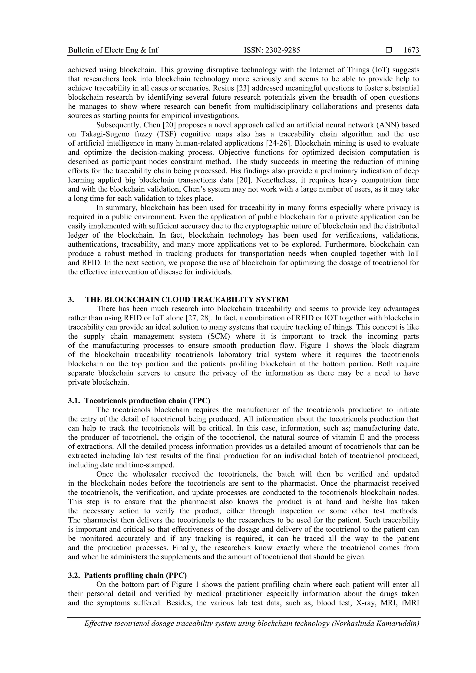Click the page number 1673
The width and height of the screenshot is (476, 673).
[x=411, y=50]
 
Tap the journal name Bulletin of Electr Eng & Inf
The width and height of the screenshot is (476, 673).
[x=113, y=50]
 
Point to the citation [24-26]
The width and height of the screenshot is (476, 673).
[x=304, y=143]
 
